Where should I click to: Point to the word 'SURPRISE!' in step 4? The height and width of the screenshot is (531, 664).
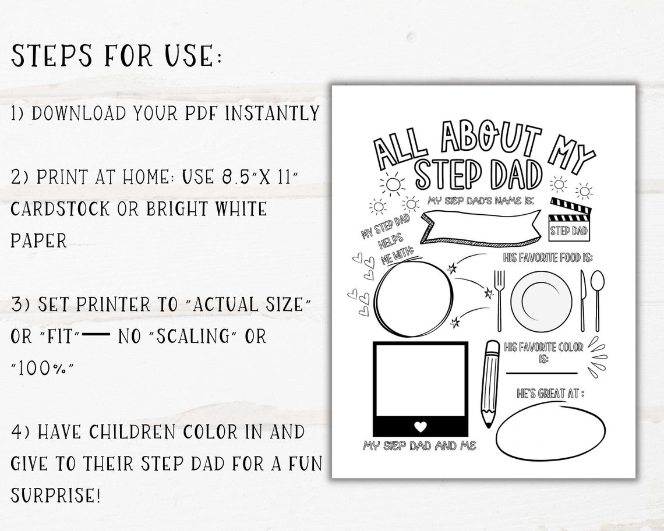point(56,496)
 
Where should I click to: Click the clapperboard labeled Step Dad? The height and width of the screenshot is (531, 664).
point(569,220)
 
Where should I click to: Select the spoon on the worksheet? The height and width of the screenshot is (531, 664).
point(597,298)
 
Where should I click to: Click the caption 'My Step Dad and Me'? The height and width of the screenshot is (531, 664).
point(419,446)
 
